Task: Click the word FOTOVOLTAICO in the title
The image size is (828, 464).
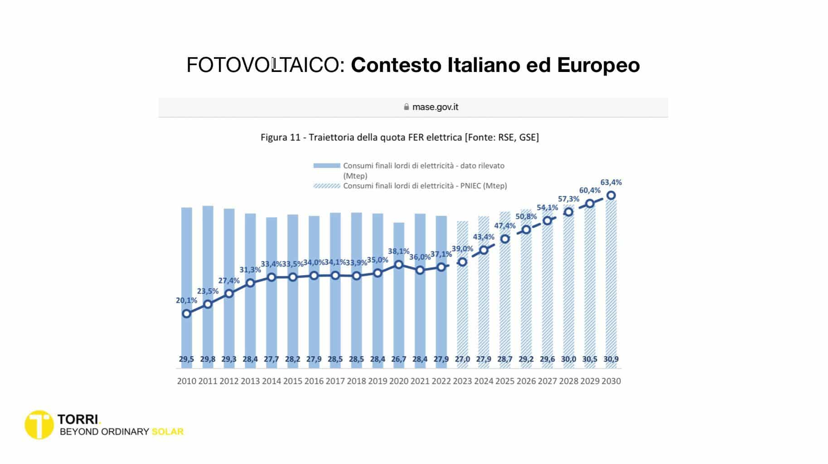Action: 262,65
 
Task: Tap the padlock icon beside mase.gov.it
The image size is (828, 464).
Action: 406,107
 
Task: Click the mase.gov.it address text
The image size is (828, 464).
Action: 435,107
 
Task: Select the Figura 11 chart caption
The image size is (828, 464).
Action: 399,137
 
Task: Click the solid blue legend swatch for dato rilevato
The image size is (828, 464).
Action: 326,166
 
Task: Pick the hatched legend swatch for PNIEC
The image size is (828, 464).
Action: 326,186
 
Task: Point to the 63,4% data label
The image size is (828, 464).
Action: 611,182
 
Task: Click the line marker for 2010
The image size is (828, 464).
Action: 186,314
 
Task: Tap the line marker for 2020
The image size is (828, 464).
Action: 399,264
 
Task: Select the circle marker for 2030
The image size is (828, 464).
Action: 611,196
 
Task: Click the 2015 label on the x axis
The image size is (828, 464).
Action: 292,381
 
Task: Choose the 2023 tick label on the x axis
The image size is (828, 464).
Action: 462,381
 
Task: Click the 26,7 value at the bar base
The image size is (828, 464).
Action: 399,359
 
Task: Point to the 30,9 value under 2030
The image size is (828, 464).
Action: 611,359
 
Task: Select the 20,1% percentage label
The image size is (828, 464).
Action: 186,300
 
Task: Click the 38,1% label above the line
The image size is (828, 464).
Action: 398,251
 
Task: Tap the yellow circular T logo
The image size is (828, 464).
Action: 39,425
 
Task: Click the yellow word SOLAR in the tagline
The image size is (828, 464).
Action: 168,432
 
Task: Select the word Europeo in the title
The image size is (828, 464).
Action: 598,65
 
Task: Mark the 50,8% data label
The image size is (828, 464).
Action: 526,216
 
